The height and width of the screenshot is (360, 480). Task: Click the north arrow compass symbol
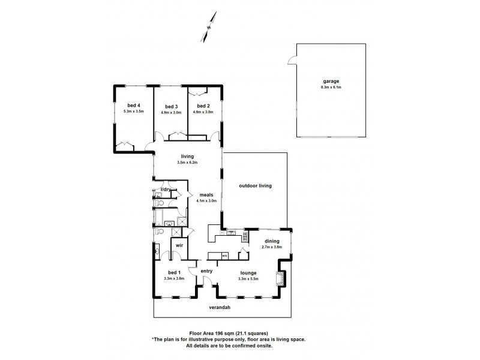tap(208, 28)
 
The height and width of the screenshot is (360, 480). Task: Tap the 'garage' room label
tap(331, 81)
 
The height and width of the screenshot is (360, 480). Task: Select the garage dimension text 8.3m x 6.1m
tap(331, 88)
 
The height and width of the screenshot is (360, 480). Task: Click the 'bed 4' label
tap(134, 106)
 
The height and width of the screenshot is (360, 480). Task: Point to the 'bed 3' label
tap(170, 106)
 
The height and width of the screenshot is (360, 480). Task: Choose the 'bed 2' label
tap(205, 106)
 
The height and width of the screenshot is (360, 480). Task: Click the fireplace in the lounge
tap(279, 278)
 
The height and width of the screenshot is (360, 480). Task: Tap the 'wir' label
tap(178, 246)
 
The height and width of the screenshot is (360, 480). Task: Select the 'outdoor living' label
tap(256, 185)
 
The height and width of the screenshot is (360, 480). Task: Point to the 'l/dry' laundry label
tap(166, 190)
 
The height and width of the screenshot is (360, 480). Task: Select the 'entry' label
tap(206, 271)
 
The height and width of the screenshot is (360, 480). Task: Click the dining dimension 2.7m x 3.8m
tap(271, 247)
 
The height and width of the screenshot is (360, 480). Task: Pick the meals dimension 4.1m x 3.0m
tap(207, 201)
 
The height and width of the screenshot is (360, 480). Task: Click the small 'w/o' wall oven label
tap(224, 256)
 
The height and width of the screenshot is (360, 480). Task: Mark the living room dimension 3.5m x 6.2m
tap(187, 163)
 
